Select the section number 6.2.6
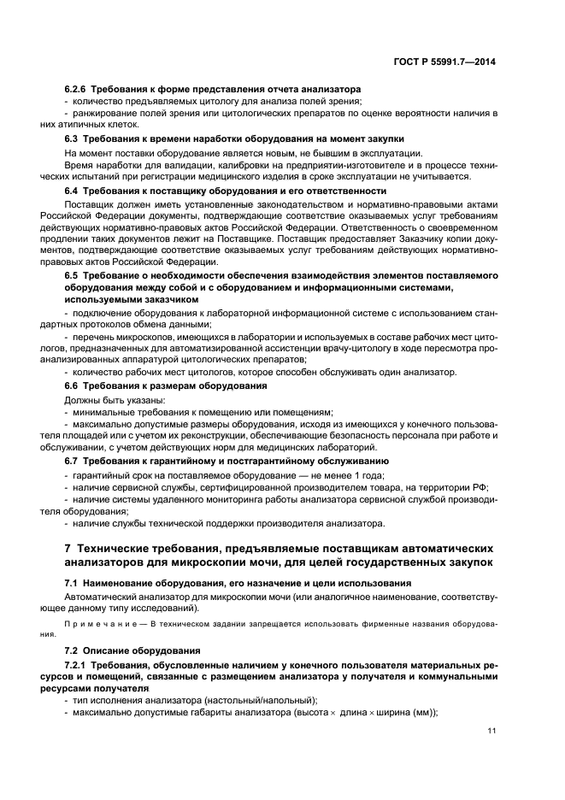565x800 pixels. (x=77, y=89)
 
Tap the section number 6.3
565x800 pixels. (x=72, y=138)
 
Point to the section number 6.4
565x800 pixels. (x=72, y=191)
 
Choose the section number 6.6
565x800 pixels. (x=72, y=385)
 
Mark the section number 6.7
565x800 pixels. (x=72, y=462)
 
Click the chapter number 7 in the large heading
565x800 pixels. (x=68, y=548)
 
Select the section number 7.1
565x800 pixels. (x=72, y=582)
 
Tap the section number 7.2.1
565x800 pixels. (x=77, y=664)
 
